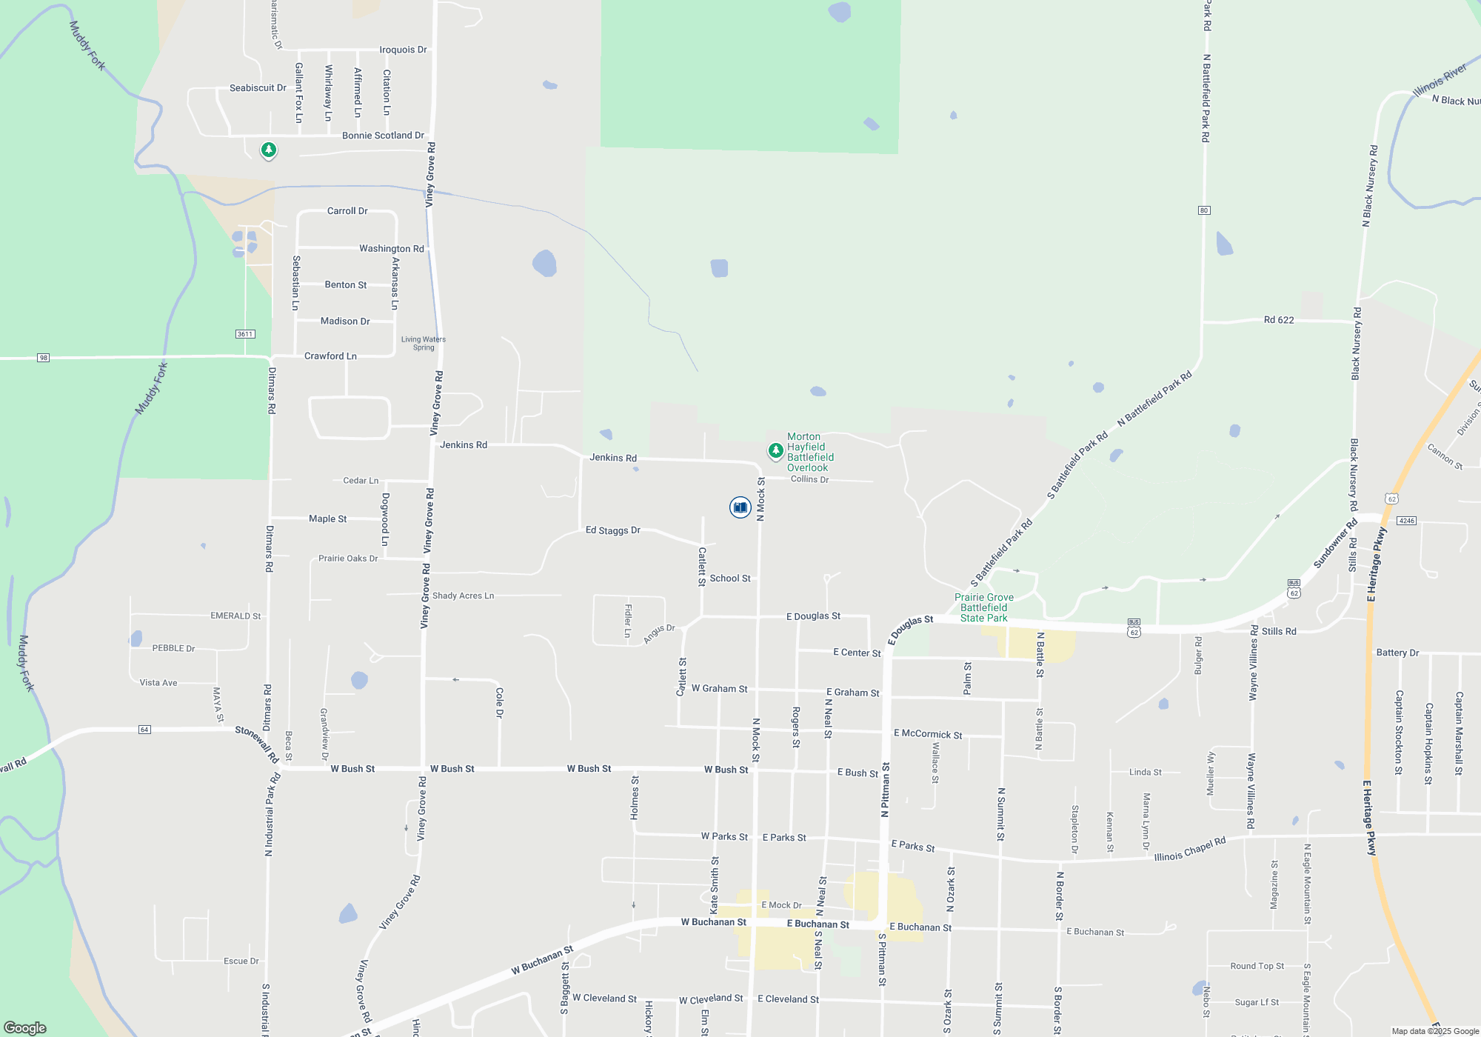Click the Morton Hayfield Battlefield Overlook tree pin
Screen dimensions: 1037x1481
tap(775, 450)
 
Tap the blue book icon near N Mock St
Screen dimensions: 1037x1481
tap(740, 507)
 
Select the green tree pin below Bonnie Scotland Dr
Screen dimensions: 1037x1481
tap(269, 150)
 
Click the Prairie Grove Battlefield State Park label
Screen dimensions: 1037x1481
tap(983, 607)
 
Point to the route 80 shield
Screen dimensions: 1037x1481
tap(1204, 210)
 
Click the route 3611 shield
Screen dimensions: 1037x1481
tap(245, 334)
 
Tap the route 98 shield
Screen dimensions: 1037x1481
tap(44, 358)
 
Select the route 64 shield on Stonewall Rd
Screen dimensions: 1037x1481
tap(144, 730)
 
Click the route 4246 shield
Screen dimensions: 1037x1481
tap(1407, 521)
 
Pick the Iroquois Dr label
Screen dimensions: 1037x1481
tap(403, 50)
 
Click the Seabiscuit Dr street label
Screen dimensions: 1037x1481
tap(258, 87)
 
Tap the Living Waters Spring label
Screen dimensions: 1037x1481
tap(424, 343)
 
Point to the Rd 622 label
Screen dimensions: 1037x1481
tap(1279, 320)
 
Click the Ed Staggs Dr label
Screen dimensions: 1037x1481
tap(612, 530)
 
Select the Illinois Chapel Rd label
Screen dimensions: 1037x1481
tap(1190, 850)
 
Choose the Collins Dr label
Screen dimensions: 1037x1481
tap(809, 479)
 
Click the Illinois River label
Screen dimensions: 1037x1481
tap(1440, 80)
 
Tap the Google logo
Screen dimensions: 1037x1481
tap(25, 1027)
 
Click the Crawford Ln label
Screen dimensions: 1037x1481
tap(330, 356)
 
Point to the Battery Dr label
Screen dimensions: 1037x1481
tap(1397, 653)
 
